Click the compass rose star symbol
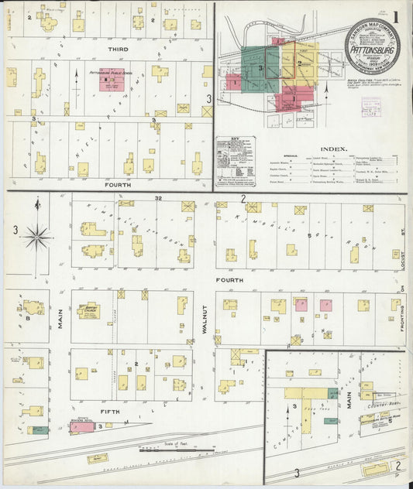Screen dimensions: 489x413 coord(36,236)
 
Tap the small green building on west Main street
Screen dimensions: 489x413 coord(36,429)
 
